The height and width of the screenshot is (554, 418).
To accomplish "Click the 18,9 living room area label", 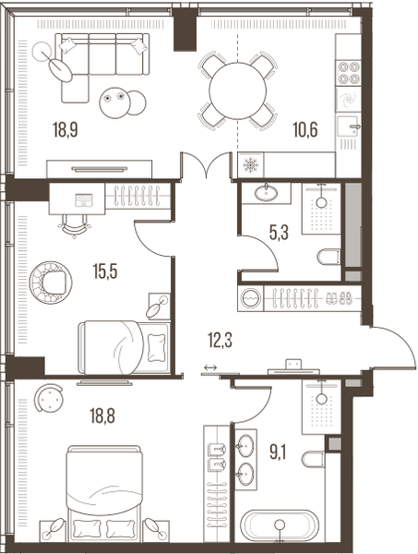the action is [66, 129].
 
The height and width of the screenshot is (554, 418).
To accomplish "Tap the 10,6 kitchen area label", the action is [305, 129].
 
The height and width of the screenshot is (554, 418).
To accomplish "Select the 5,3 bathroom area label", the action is [279, 234].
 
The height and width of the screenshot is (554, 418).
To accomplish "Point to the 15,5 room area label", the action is [105, 271].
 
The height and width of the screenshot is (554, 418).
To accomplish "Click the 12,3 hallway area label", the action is [220, 341].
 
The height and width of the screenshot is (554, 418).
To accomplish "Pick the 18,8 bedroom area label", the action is [102, 415].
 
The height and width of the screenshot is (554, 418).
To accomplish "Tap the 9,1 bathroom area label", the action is [278, 452].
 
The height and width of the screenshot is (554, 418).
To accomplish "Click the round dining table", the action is [237, 90].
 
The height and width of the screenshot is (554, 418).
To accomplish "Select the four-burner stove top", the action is [349, 73].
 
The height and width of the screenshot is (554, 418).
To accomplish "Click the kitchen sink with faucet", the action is [349, 126].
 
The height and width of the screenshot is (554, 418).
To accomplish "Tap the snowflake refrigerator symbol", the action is [251, 164].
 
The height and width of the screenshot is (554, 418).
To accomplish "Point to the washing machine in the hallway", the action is [251, 298].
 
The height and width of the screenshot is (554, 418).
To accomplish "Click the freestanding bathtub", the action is [280, 526].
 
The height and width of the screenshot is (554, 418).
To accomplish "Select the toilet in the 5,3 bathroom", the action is [328, 257].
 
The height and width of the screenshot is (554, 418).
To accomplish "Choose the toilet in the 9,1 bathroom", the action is [313, 459].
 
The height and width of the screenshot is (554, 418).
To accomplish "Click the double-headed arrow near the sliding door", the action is [210, 368].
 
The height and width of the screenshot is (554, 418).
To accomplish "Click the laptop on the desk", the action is [84, 200].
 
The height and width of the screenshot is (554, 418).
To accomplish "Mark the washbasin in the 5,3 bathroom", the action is [266, 193].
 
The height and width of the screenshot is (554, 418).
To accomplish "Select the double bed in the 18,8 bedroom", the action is [104, 494].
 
